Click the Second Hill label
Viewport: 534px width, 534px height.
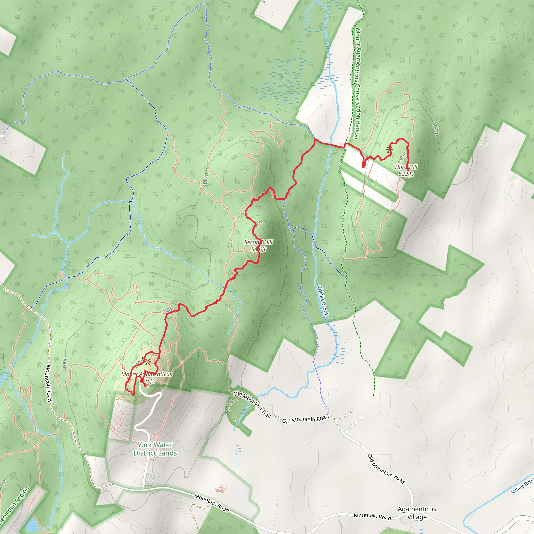(x=258, y=242)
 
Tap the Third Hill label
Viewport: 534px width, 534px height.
(x=406, y=167)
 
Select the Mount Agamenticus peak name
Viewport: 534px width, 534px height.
(x=147, y=374)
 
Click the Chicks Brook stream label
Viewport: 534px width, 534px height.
(x=323, y=301)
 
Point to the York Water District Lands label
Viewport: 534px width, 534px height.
(x=155, y=449)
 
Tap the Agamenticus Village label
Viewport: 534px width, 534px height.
(x=417, y=513)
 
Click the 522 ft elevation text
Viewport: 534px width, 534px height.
(x=406, y=174)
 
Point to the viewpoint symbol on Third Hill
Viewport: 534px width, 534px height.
(x=389, y=150)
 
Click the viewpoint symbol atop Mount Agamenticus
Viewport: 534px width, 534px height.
(x=148, y=362)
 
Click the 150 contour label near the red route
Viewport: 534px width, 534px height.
(x=168, y=310)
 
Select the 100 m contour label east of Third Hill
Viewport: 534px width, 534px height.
(x=435, y=129)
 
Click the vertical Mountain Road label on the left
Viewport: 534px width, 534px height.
(x=49, y=383)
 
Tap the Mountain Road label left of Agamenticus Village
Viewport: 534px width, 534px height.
(x=372, y=516)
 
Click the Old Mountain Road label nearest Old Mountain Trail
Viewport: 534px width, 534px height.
(x=305, y=419)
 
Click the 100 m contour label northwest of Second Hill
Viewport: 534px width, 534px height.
(x=205, y=179)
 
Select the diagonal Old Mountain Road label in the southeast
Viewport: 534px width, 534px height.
(x=386, y=469)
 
